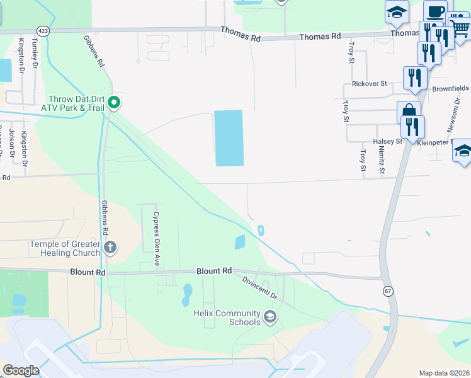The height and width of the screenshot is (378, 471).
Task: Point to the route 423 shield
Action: (x=43, y=30)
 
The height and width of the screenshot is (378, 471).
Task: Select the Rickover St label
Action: (x=369, y=84)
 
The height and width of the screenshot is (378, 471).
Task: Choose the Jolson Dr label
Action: (x=11, y=144)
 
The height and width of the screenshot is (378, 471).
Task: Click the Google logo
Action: (x=21, y=370)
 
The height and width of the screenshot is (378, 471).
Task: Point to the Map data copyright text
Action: (x=445, y=373)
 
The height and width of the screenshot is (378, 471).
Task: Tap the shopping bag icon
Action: (x=409, y=112)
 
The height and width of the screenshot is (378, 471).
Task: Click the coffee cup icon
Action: (x=435, y=11)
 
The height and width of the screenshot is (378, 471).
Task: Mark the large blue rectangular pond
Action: (x=229, y=138)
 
